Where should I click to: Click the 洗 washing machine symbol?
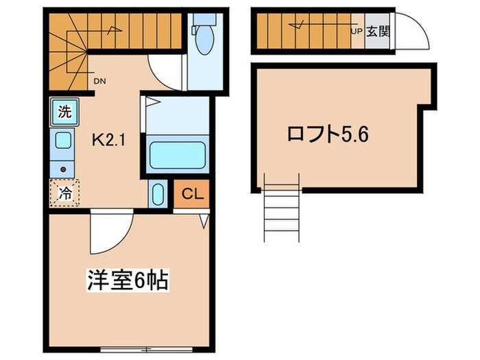62,111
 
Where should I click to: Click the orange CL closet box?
192,195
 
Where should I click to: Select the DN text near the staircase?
99,81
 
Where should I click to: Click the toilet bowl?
204,44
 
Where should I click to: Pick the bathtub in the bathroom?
177,158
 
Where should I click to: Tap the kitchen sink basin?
63,142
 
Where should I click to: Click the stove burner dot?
63,169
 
